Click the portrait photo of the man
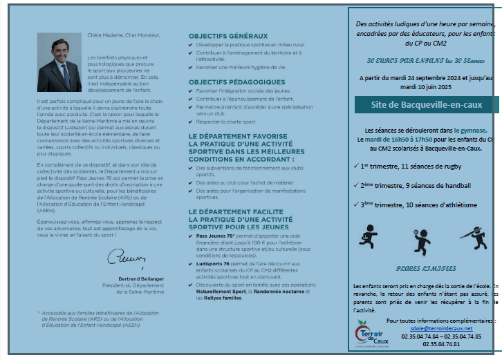pyautogui.click(x=59, y=66)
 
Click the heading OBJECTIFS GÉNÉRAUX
pyautogui.click(x=227, y=36)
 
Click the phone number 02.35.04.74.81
pyautogui.click(x=441, y=343)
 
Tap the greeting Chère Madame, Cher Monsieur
pyautogui.click(x=124, y=34)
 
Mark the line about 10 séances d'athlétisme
pyautogui.click(x=418, y=205)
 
